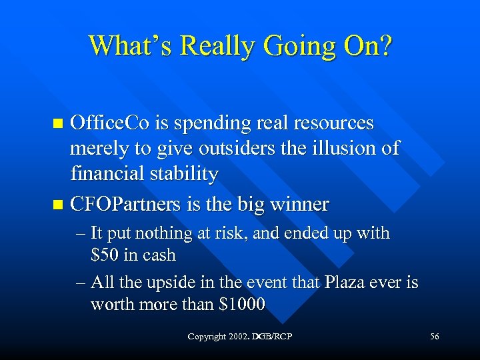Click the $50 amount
pyautogui.click(x=105, y=255)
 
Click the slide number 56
pyautogui.click(x=434, y=337)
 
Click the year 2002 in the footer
pyautogui.click(x=237, y=337)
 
